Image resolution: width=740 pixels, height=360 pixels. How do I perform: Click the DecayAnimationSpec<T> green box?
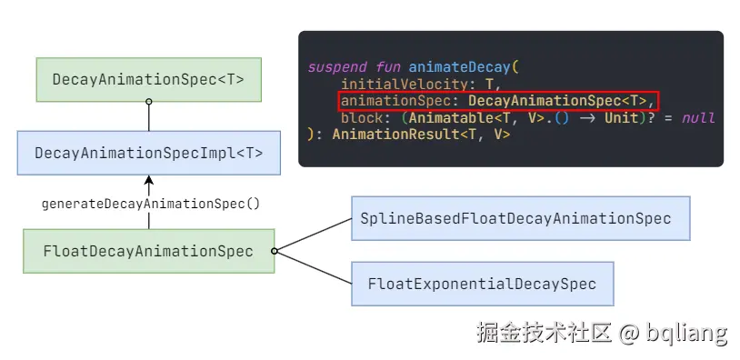[148, 79]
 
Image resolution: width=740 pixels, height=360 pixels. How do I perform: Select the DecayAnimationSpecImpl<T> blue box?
[148, 153]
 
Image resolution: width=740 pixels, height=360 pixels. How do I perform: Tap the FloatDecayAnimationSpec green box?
[148, 251]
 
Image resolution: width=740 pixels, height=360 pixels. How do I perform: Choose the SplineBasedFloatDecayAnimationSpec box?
[515, 219]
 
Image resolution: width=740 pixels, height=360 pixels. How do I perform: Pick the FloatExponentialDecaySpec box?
[482, 285]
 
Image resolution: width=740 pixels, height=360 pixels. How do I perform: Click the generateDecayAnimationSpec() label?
[151, 204]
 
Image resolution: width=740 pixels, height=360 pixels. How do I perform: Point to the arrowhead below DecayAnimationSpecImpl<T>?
[149, 180]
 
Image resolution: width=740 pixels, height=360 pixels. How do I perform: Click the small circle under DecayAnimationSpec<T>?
[149, 102]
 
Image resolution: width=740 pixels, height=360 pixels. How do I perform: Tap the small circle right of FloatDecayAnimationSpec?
[275, 251]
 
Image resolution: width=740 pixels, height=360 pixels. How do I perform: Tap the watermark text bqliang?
[687, 333]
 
